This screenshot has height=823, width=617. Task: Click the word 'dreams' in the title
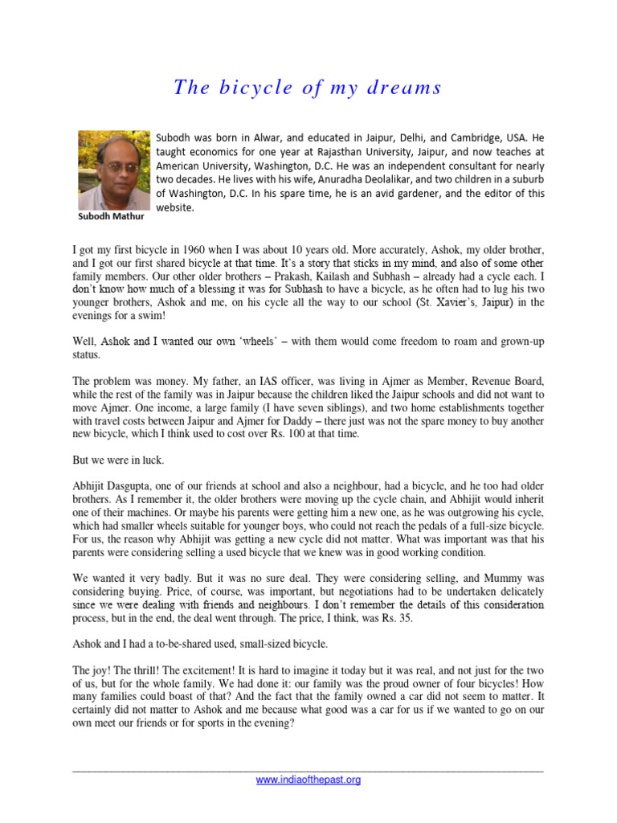click(405, 88)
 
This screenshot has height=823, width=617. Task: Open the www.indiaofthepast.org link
click(308, 780)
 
